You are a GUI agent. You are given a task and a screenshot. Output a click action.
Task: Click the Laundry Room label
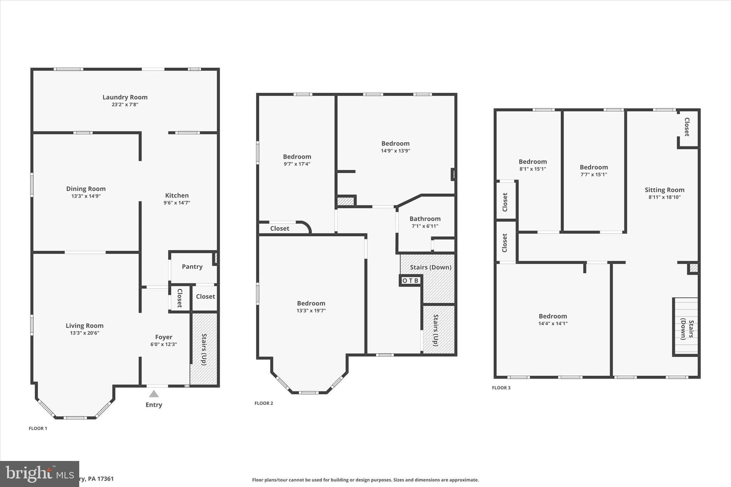pos(125,97)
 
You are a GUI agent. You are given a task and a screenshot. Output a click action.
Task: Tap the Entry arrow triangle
pos(154,394)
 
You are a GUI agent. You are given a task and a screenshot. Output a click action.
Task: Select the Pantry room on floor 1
pos(192,267)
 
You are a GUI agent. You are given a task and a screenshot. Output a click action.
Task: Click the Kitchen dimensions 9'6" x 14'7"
pos(177,203)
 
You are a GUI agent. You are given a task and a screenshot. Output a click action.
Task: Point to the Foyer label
pos(163,337)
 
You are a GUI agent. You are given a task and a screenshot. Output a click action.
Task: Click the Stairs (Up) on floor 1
pos(204,349)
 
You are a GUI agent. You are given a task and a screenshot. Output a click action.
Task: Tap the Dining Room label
pos(86,189)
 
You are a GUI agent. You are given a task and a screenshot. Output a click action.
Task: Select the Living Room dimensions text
pos(85,333)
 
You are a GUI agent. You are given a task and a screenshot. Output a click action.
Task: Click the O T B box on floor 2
pos(410,281)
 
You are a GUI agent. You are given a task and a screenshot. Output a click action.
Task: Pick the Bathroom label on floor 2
pos(425,219)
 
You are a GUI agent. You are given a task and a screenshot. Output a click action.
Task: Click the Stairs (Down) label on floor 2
pos(430,267)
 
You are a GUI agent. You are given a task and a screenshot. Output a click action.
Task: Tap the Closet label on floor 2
pos(279,228)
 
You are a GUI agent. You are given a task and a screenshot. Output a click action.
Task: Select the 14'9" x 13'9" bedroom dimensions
pos(395,151)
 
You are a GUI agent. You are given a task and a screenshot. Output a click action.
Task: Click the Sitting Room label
pos(664,190)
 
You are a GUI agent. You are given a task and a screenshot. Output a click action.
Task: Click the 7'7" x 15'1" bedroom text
pos(594,175)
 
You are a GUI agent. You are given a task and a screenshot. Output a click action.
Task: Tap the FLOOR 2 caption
pos(264,403)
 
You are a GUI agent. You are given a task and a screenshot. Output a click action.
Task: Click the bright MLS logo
pos(39,474)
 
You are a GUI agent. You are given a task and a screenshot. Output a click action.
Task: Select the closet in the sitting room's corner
pos(687,127)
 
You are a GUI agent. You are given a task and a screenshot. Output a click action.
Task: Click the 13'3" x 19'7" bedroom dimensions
pos(311,311)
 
